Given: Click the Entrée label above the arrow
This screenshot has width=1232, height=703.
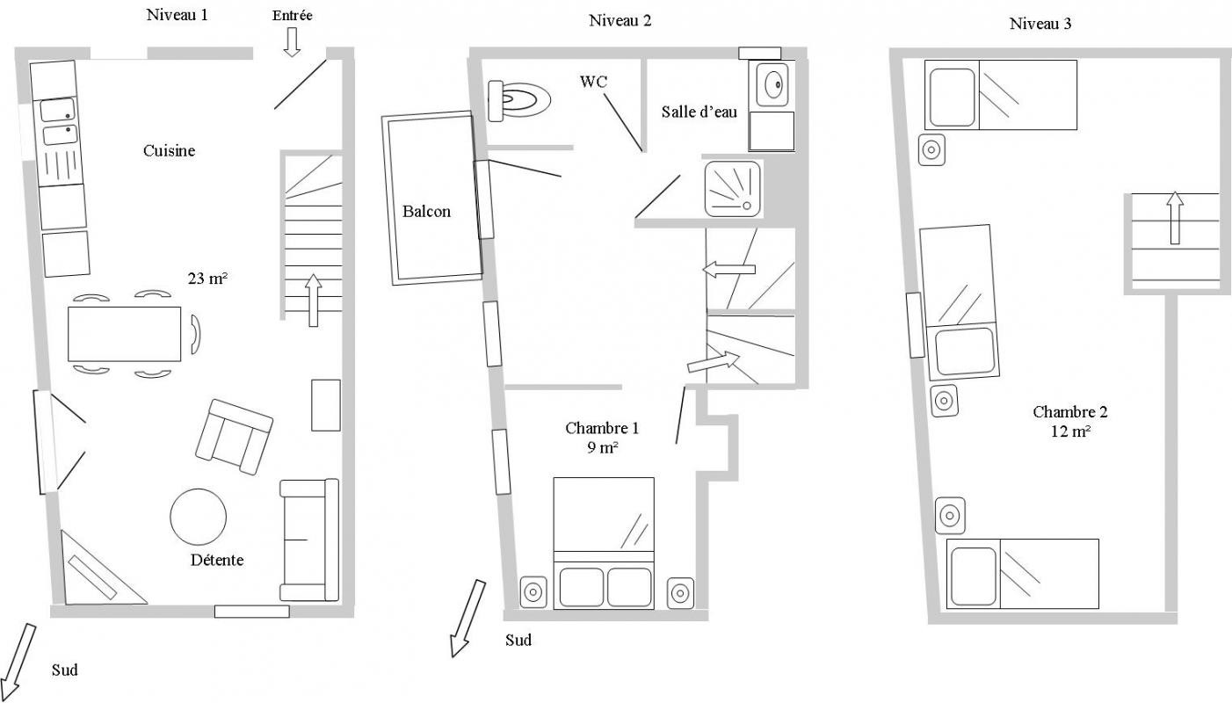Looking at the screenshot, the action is click(292, 16).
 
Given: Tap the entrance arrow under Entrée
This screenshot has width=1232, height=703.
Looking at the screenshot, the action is click(292, 42).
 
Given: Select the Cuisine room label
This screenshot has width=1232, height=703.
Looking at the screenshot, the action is click(169, 151).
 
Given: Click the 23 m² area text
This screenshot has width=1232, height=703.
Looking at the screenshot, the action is click(207, 279).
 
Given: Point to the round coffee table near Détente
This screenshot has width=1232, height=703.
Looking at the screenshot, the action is click(198, 517).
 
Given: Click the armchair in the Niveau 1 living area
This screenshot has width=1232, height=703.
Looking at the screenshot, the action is click(234, 437).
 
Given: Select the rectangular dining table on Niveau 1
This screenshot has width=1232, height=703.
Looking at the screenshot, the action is click(124, 334).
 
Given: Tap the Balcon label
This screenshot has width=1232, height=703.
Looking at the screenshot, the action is click(426, 211).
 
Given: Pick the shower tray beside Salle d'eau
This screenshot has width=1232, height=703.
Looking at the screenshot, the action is click(733, 189).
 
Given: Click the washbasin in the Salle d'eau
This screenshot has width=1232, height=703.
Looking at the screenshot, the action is click(772, 84).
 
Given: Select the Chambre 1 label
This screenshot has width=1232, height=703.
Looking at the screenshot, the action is click(602, 428).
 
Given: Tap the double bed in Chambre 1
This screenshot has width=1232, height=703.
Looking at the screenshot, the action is click(604, 543).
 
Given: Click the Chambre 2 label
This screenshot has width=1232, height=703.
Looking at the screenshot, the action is click(1070, 411).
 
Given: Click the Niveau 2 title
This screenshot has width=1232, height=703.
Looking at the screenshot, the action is click(620, 20).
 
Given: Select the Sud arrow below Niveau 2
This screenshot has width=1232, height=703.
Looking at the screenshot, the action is click(467, 619).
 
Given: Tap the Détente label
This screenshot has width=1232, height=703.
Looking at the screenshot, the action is click(217, 560).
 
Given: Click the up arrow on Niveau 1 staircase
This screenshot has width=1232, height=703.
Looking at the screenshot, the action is click(313, 301).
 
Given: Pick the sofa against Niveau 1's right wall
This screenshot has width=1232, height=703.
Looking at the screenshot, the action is click(309, 540).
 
